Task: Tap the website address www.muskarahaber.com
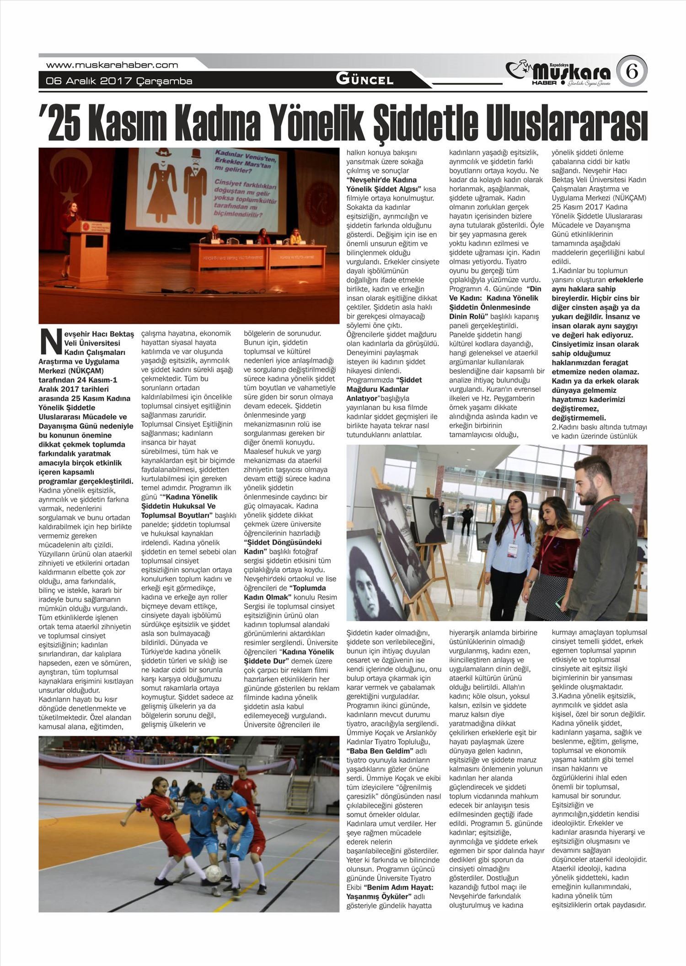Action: pos(112,65)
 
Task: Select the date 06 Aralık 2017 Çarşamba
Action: pos(119,81)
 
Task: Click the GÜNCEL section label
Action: pos(364,80)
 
